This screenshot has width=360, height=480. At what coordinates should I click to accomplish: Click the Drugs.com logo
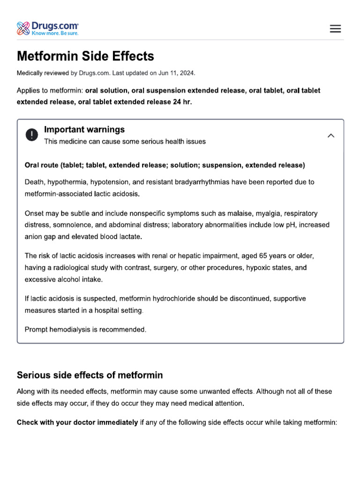47,28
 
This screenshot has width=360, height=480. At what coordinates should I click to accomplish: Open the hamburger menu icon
335,29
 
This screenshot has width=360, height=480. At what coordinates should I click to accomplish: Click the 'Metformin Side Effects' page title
85,56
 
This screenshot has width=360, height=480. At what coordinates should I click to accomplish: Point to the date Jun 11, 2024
177,73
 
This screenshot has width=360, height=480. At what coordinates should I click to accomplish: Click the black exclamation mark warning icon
31,135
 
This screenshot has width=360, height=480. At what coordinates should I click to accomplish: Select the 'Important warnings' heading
84,129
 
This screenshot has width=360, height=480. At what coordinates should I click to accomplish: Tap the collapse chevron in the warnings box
331,135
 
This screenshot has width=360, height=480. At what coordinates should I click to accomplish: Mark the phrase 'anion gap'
40,237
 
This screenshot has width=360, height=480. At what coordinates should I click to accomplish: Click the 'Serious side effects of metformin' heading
90,375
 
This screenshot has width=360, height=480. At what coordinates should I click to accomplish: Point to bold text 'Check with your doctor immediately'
77,422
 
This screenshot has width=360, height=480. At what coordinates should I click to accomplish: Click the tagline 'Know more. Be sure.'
55,33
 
